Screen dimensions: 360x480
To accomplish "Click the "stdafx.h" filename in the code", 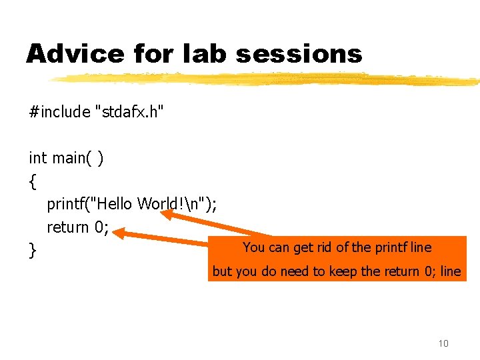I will coord(129,111).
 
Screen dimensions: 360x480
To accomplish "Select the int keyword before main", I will coord(37,158).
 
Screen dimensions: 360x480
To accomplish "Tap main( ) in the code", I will coord(77,158).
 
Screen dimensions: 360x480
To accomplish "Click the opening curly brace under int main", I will coord(33,181).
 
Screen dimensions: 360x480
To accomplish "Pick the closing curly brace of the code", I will coord(33,251).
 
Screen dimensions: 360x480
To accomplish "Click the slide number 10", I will coord(443,343).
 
